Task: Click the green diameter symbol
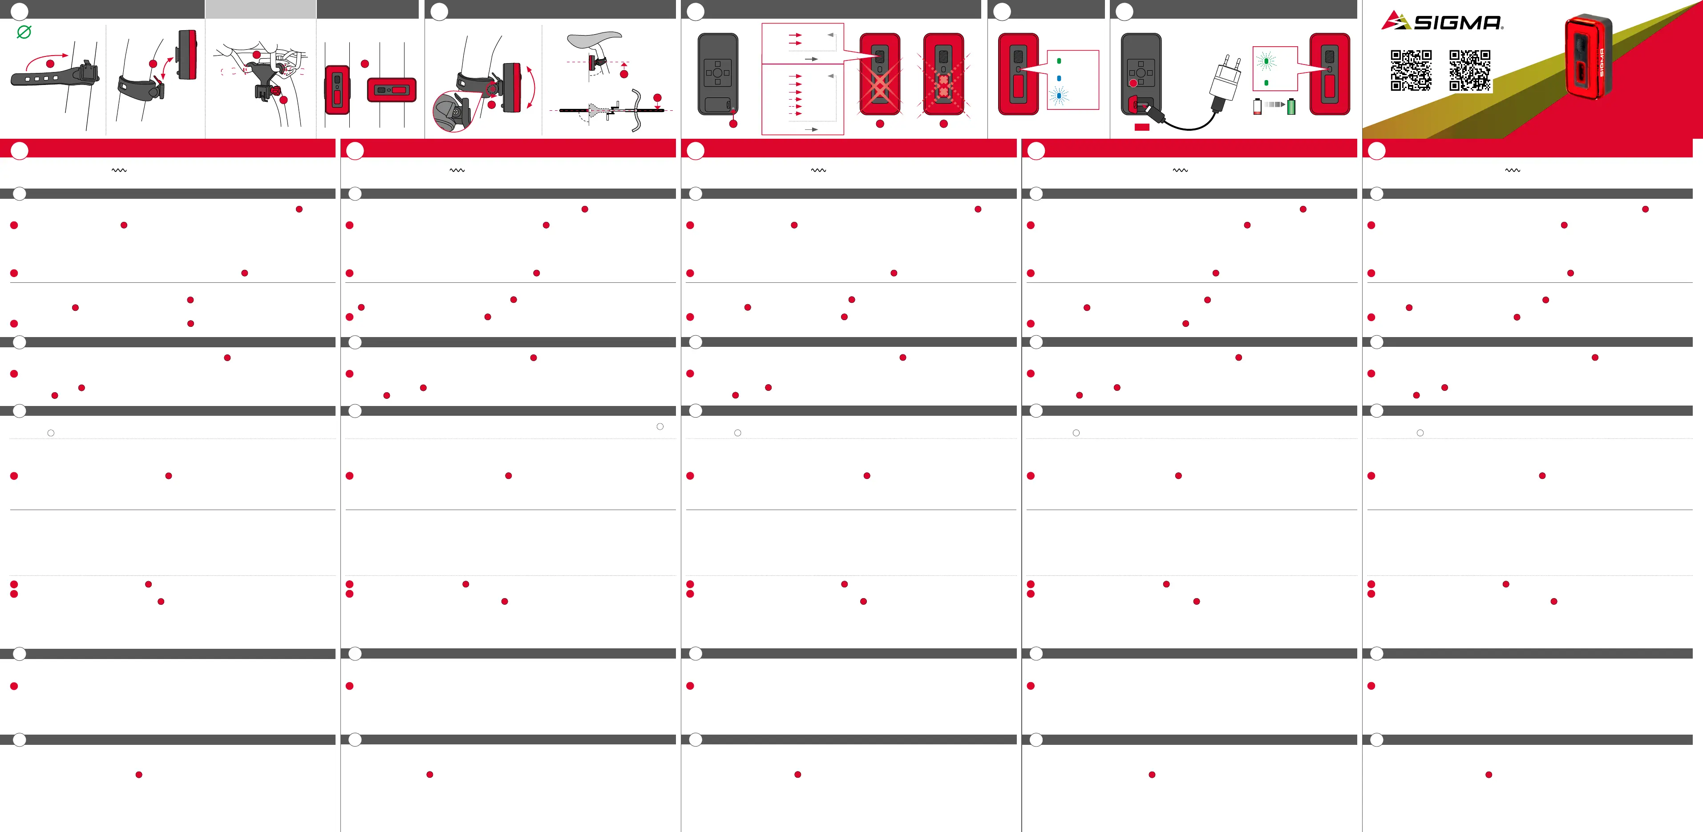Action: click(x=24, y=32)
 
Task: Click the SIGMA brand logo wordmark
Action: click(x=1458, y=23)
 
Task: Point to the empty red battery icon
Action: click(x=1258, y=106)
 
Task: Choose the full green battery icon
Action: click(x=1291, y=106)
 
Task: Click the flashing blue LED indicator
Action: click(x=1059, y=96)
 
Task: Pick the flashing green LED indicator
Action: click(x=1266, y=61)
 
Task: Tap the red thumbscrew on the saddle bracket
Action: click(x=276, y=88)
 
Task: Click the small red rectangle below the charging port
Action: click(x=1142, y=127)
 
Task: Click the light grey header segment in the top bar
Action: click(x=260, y=9)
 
